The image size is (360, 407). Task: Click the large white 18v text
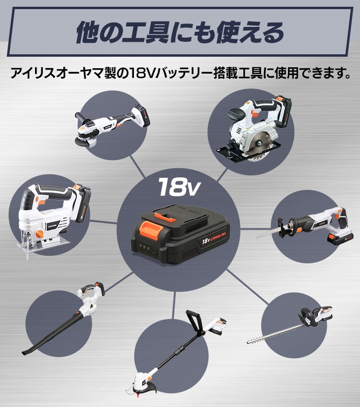(x=180, y=186)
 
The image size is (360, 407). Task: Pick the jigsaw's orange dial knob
(x=40, y=234)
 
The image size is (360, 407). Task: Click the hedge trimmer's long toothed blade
(x=276, y=333)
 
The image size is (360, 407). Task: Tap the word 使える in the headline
(x=250, y=32)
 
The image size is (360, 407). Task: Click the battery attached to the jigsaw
(x=83, y=204)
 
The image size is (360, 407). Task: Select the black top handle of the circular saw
(x=236, y=114)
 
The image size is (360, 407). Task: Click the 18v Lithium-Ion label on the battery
(x=214, y=238)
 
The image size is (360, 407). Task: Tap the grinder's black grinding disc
(x=82, y=142)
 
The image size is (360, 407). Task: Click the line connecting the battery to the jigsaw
(x=103, y=222)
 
